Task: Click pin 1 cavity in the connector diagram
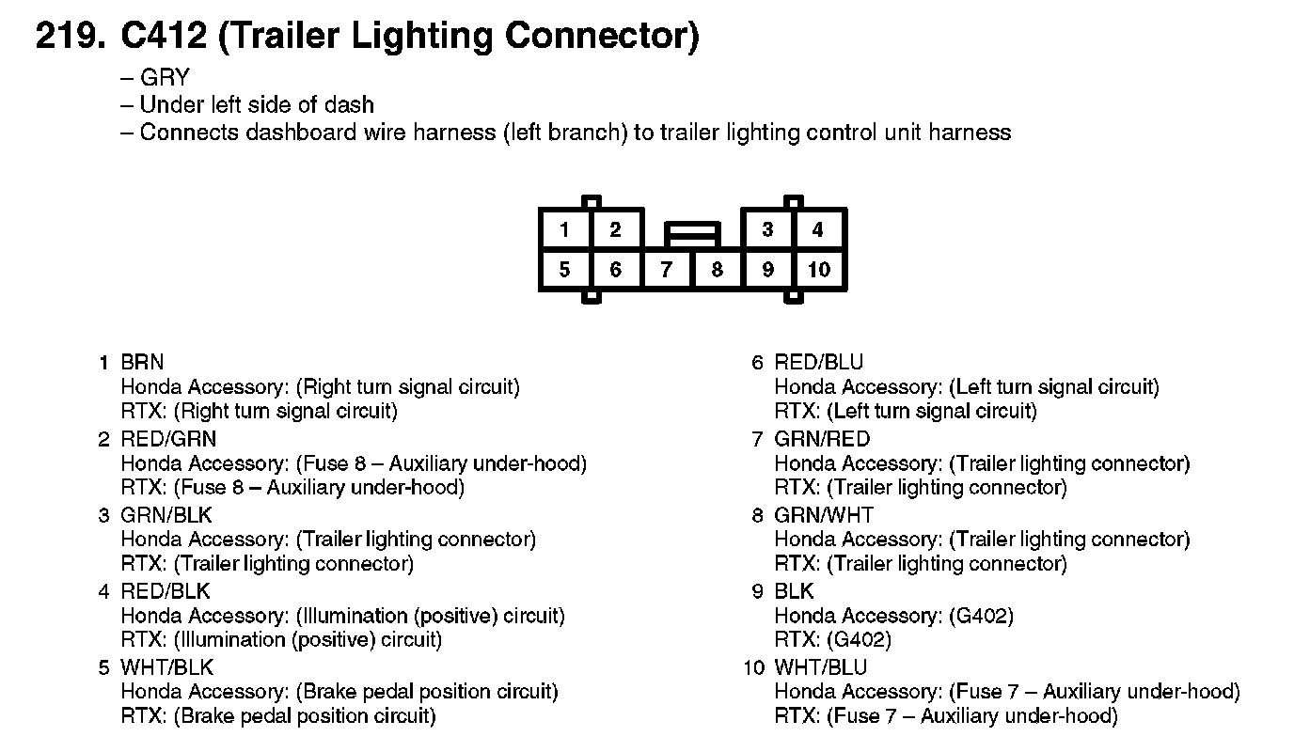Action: pos(564,229)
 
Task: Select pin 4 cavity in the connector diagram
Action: pos(818,229)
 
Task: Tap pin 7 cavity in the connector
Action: pos(666,271)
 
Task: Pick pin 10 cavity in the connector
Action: pos(819,271)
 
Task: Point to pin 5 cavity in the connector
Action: pos(564,271)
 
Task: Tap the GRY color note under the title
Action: pos(165,78)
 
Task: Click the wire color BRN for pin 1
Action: pos(142,362)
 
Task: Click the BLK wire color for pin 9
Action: pos(795,591)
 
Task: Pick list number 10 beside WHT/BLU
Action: pos(752,667)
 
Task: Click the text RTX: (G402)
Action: pos(832,640)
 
